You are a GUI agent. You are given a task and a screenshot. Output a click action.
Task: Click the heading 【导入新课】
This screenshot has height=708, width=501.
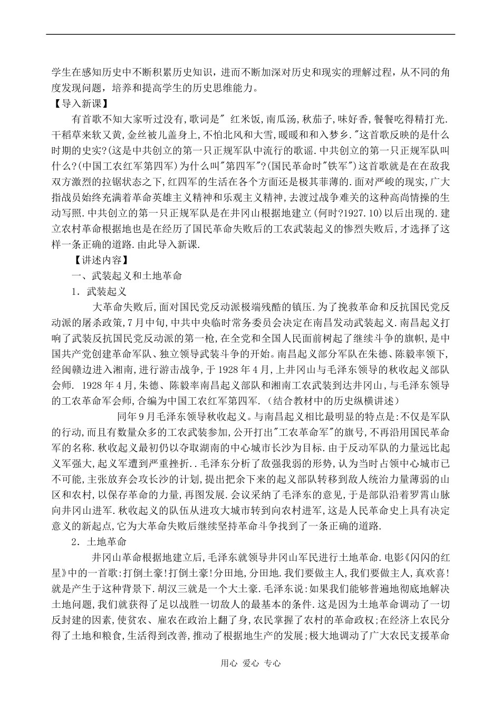pos(77,103)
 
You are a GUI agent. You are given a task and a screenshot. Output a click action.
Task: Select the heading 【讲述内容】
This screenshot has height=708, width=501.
pos(98,260)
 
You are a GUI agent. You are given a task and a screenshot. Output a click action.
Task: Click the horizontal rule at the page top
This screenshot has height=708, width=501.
pos(250,35)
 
